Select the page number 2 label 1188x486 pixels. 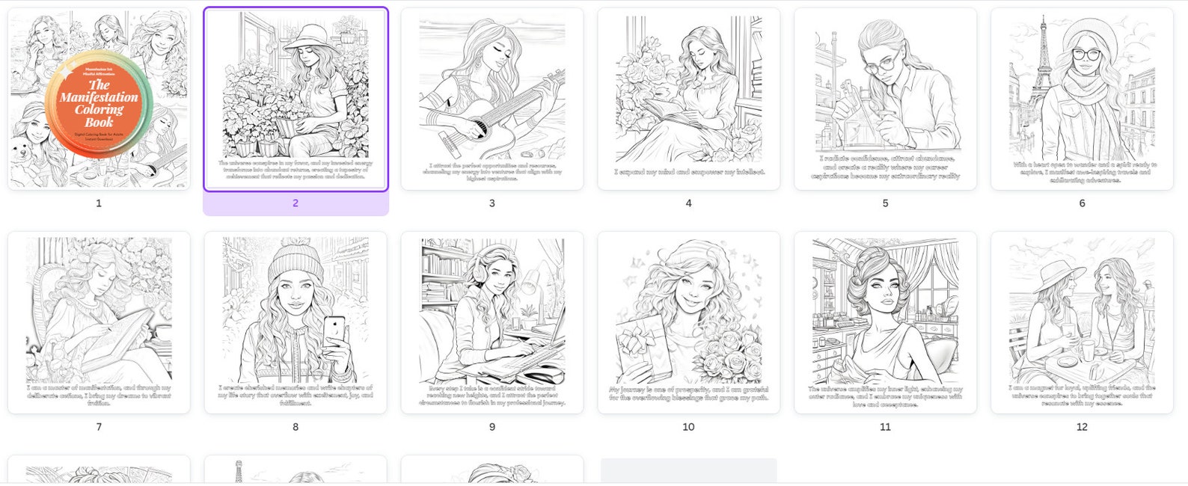click(296, 203)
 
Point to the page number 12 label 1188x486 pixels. click(1082, 427)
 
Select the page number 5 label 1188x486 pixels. click(885, 203)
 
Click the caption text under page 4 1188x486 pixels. click(688, 172)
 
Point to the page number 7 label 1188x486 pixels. click(99, 427)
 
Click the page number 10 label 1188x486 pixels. click(688, 427)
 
